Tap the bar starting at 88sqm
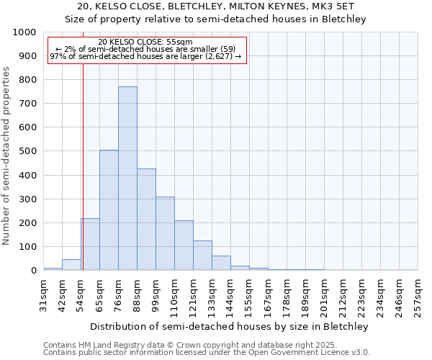[146, 220]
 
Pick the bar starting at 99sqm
[165, 233]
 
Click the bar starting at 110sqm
[184, 246]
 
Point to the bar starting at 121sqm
[202, 256]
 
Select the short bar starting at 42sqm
[71, 265]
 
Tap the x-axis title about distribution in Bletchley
[230, 326]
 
